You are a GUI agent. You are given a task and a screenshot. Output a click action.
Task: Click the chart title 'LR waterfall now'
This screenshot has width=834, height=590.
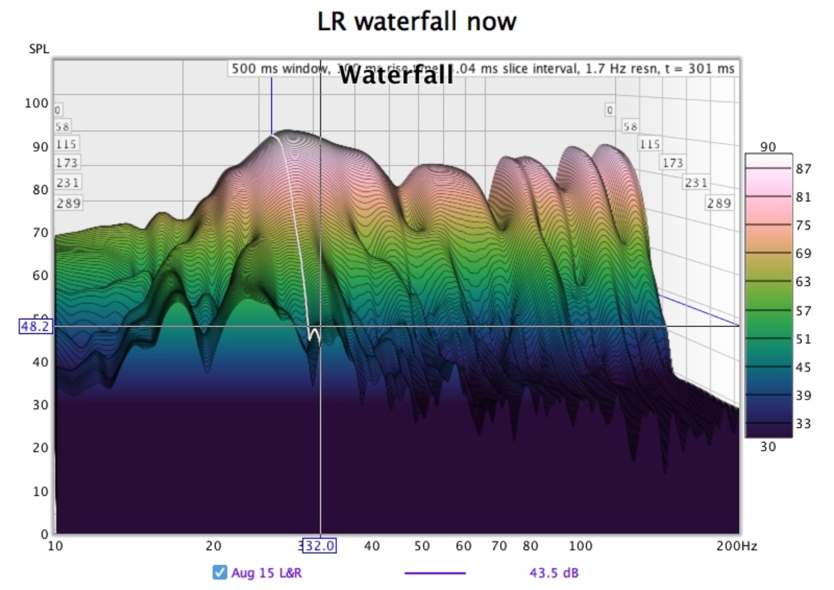[417, 22]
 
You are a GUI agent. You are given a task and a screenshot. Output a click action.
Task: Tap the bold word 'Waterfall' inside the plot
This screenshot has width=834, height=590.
[396, 74]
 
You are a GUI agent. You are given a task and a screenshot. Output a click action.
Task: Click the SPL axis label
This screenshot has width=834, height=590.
[39, 49]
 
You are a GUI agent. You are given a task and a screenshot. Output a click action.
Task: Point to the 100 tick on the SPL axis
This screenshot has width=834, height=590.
[37, 104]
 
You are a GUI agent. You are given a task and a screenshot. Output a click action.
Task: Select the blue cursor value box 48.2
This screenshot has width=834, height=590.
[36, 326]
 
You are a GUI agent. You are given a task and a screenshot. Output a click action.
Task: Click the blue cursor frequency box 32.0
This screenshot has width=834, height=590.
[319, 546]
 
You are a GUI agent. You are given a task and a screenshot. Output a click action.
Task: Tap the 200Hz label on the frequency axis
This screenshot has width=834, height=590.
[737, 546]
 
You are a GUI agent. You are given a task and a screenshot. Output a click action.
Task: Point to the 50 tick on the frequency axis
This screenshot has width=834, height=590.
[422, 546]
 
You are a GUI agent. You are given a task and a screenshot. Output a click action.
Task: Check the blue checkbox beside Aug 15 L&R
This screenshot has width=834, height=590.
[220, 573]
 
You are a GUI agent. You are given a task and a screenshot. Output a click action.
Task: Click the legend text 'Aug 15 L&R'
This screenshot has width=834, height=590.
[267, 573]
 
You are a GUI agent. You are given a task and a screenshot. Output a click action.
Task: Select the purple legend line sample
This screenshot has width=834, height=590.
[434, 573]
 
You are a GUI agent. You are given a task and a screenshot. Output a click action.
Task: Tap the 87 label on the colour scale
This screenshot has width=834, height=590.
[803, 168]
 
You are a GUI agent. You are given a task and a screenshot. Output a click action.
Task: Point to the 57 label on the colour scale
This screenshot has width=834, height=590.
[803, 311]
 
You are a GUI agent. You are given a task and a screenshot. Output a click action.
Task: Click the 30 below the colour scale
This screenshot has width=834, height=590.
[767, 447]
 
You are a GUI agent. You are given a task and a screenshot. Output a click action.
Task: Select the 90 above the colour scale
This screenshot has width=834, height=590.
[767, 147]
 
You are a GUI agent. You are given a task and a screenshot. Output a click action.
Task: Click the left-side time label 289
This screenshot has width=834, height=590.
[69, 203]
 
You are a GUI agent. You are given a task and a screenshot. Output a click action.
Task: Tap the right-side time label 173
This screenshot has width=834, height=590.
[672, 163]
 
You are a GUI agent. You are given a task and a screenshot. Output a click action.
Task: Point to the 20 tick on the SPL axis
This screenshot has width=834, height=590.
[40, 448]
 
